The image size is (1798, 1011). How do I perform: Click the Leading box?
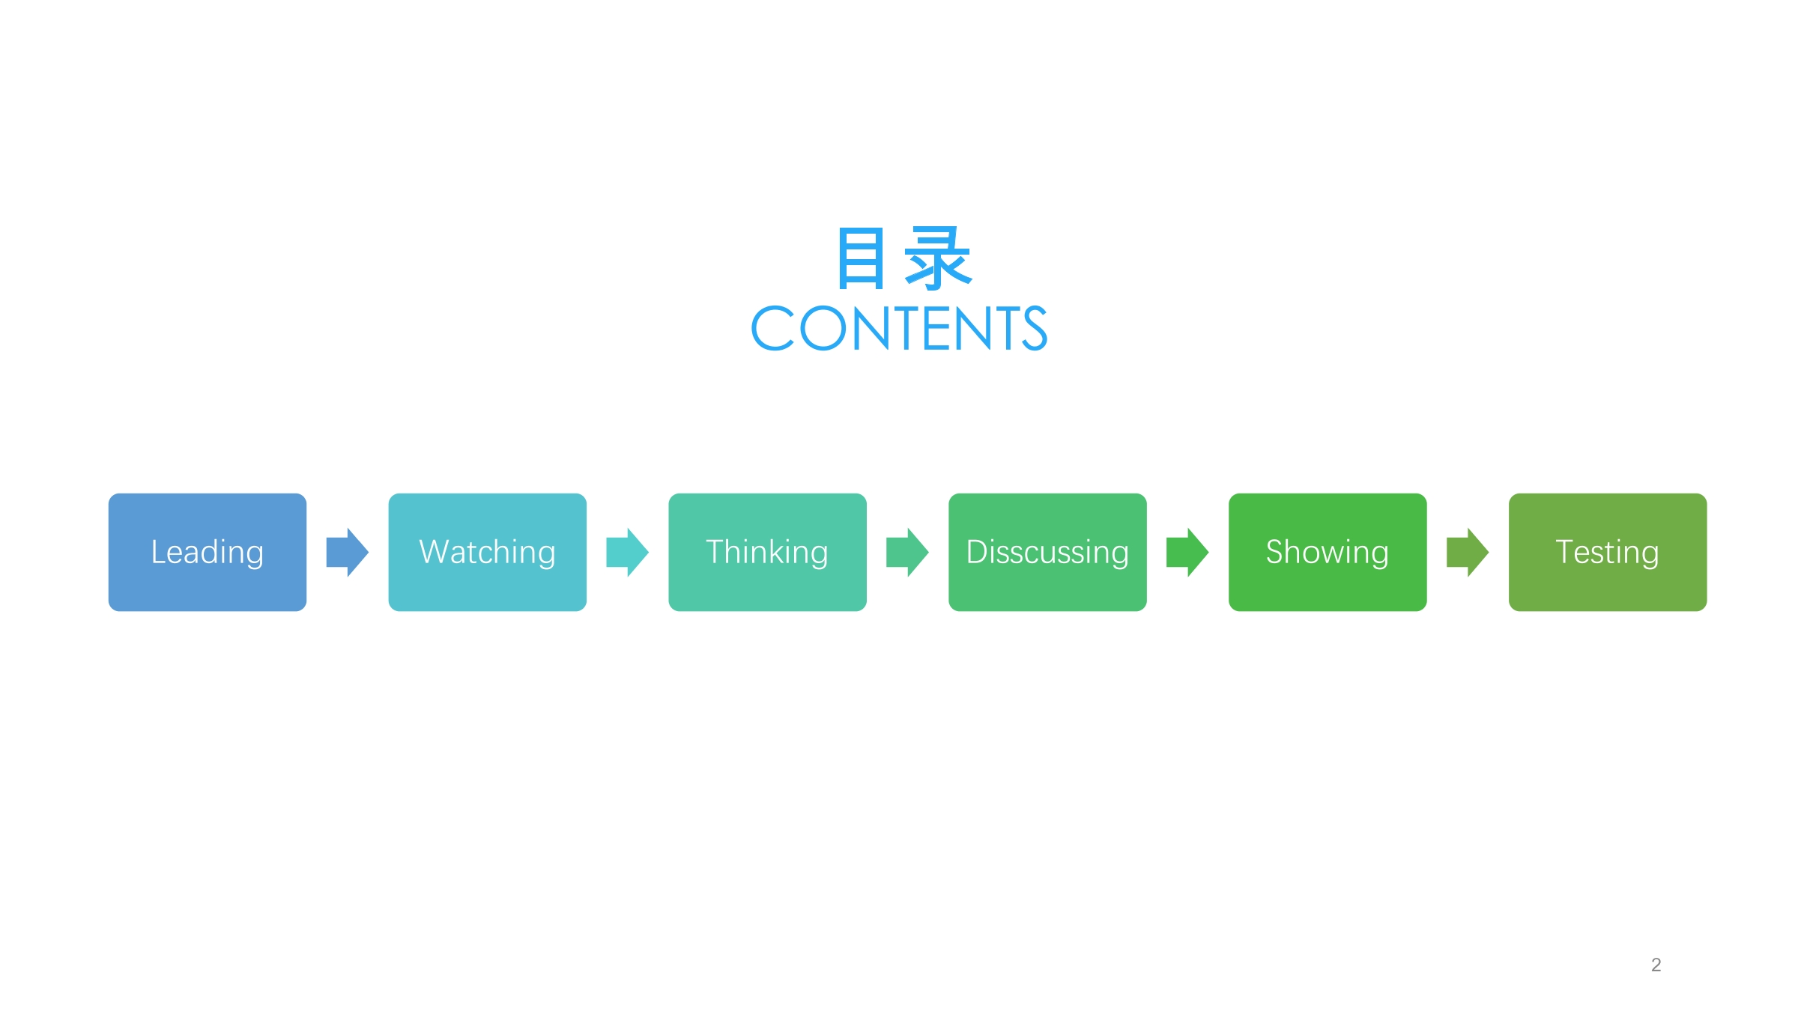click(x=208, y=552)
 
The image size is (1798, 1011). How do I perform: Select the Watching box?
click(x=488, y=552)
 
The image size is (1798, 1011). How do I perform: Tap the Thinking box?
click(x=768, y=552)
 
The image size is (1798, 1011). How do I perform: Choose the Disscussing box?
click(x=1047, y=552)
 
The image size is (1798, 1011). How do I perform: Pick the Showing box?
click(x=1328, y=552)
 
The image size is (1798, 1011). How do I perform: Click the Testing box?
click(x=1608, y=552)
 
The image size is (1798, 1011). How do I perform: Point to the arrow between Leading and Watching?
click(x=348, y=552)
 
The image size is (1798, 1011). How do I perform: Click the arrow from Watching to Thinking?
click(x=628, y=552)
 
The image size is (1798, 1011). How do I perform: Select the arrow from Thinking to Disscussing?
click(x=908, y=552)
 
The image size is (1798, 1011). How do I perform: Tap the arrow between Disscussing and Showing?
click(x=1187, y=552)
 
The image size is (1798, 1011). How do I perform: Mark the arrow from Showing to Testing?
click(x=1468, y=552)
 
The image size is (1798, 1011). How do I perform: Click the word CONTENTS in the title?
click(x=900, y=328)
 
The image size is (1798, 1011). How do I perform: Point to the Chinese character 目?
click(x=862, y=258)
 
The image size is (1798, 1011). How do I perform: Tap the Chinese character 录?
click(x=939, y=258)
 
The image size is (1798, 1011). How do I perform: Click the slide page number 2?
click(x=1656, y=965)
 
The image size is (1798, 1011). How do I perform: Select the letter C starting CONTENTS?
click(x=772, y=328)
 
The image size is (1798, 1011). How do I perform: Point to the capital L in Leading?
click(x=159, y=552)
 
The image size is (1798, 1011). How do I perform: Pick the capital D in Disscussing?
click(x=978, y=552)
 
